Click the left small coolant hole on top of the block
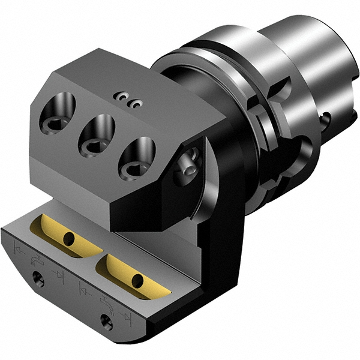tap(123, 96)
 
